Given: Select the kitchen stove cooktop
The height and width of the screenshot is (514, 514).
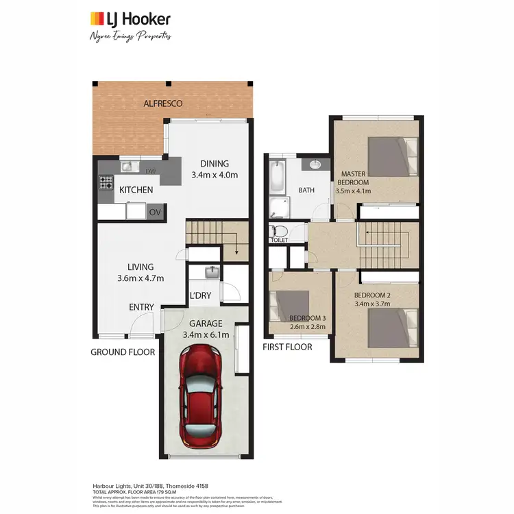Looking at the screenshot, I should (x=107, y=183).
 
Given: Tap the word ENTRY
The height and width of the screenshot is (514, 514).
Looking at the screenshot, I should (x=142, y=307).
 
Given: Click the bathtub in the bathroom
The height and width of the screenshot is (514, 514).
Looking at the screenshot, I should (x=277, y=178).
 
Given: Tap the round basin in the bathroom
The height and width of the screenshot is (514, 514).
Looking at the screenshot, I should (x=316, y=165).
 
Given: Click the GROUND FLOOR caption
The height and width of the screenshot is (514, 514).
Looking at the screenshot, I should (x=123, y=352).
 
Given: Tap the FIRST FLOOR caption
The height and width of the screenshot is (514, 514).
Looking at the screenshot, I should (x=287, y=347).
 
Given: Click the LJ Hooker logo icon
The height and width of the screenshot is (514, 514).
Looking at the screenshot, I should (x=99, y=19).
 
